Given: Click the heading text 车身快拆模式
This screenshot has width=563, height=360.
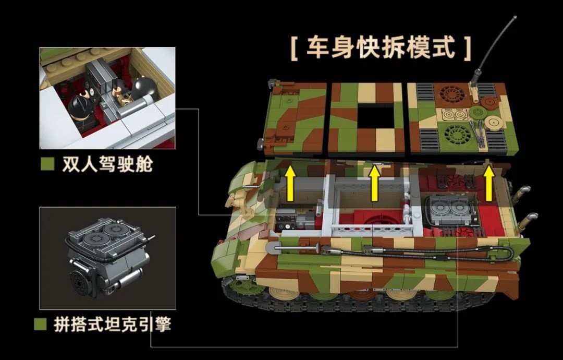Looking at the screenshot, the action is click(x=381, y=47).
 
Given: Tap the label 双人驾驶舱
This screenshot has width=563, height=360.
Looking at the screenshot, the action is click(x=107, y=164).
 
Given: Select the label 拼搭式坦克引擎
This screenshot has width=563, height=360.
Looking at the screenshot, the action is click(x=113, y=324).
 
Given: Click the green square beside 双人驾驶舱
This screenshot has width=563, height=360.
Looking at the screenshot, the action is click(x=47, y=164).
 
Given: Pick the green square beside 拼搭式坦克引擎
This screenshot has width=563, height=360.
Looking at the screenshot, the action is click(x=40, y=324).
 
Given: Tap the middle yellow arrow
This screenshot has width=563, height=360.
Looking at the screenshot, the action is click(x=374, y=183).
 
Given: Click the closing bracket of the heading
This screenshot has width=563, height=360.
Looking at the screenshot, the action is click(x=467, y=48).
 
